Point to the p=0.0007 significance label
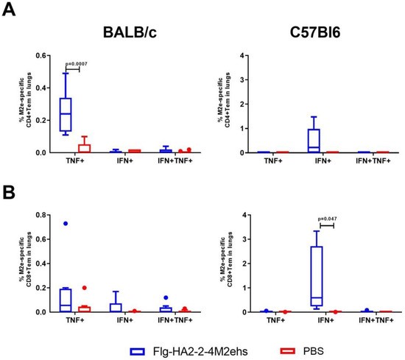[78, 63]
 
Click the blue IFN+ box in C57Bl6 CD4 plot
[313, 140]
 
